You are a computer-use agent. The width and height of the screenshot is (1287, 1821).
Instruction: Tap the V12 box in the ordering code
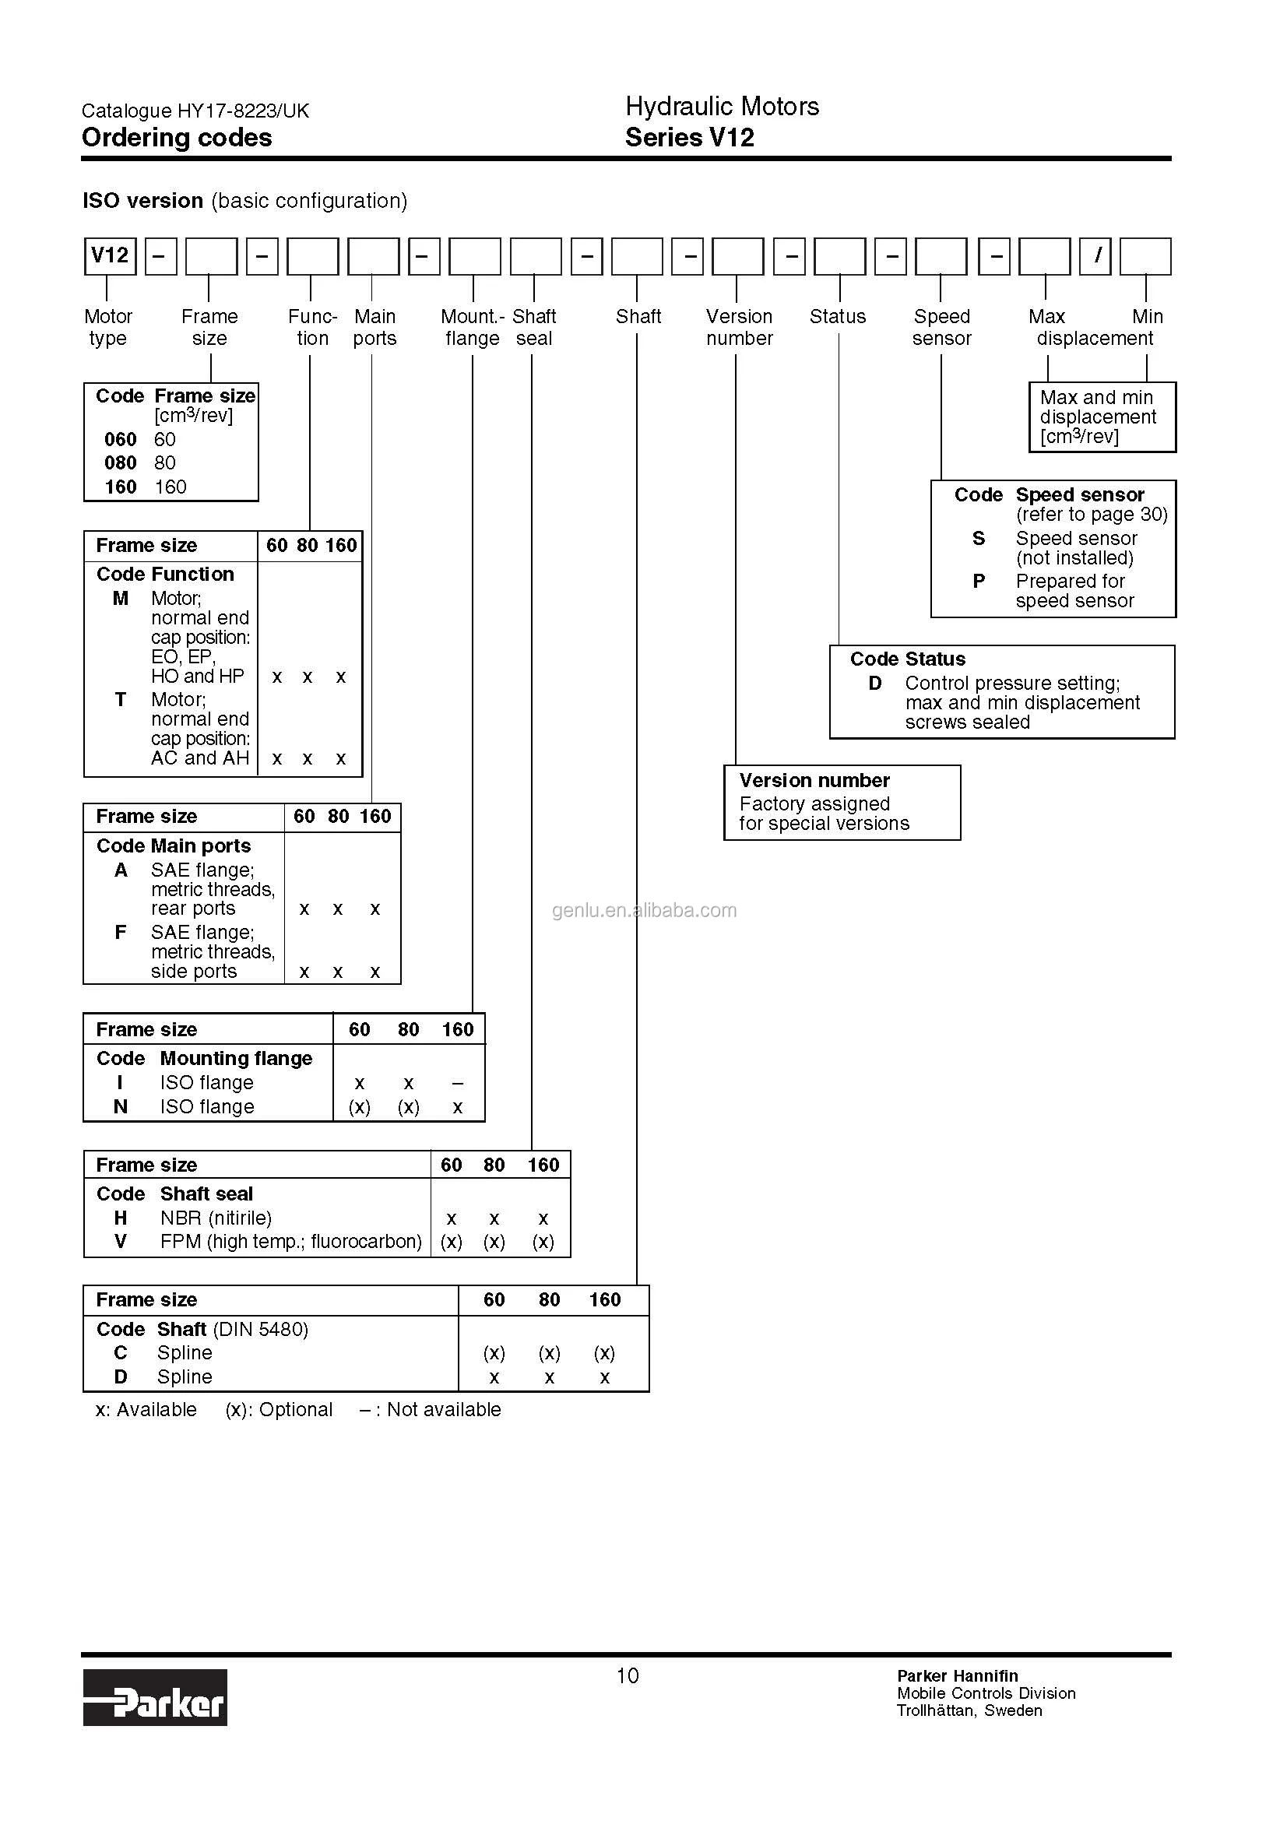tap(110, 255)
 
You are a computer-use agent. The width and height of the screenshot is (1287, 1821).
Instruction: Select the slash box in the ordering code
tap(1095, 255)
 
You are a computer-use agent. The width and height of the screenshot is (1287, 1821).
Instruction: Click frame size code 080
tap(121, 462)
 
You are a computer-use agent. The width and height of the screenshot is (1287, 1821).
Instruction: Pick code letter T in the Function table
tap(121, 700)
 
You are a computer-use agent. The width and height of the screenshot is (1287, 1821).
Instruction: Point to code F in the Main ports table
tap(121, 932)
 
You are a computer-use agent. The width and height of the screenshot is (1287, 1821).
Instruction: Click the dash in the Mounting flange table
tap(458, 1084)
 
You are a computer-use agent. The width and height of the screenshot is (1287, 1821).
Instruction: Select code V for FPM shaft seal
tap(121, 1241)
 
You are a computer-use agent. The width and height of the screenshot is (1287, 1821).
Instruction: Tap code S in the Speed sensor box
tap(979, 539)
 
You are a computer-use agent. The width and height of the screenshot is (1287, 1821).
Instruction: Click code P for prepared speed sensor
tap(979, 582)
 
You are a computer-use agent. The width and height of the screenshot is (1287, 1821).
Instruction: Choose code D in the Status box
tap(874, 683)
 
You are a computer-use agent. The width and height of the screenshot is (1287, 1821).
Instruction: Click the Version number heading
tap(814, 780)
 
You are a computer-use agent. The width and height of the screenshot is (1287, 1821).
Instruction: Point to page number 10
tap(628, 1676)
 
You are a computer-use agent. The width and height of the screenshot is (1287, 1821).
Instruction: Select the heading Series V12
tap(689, 138)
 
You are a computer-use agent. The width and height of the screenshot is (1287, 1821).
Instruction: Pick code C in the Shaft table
tap(121, 1352)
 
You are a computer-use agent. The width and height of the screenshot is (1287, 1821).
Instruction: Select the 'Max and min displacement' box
tap(1102, 417)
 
